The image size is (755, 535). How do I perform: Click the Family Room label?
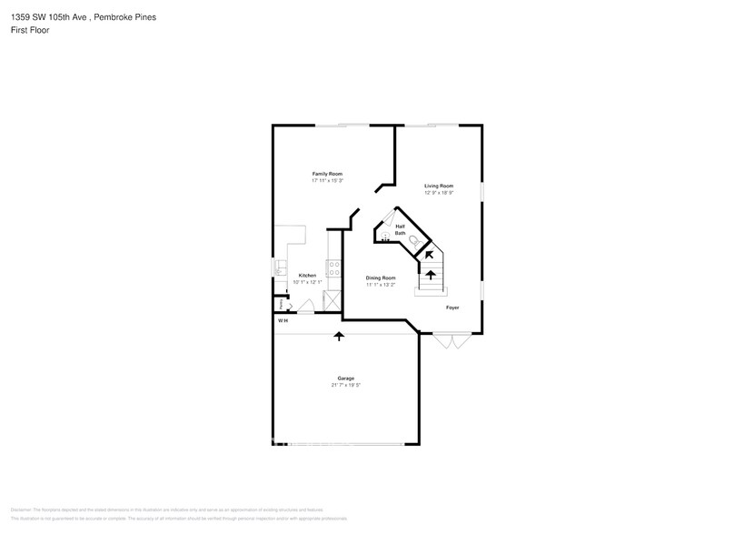(327, 174)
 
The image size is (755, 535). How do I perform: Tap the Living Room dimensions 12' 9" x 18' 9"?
(438, 193)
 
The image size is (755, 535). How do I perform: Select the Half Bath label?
(400, 230)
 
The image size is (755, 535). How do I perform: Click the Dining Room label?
(381, 278)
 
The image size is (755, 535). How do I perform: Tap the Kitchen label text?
(307, 276)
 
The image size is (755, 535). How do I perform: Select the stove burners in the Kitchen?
(333, 267)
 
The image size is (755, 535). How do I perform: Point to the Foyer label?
(452, 308)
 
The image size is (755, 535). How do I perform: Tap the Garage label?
(345, 379)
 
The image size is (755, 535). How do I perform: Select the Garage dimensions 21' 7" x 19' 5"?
(345, 386)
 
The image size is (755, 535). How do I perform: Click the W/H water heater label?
(282, 320)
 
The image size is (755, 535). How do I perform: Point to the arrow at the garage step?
(340, 336)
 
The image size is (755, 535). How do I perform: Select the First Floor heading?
(31, 30)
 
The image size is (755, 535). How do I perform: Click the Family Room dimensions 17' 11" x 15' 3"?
(327, 181)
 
